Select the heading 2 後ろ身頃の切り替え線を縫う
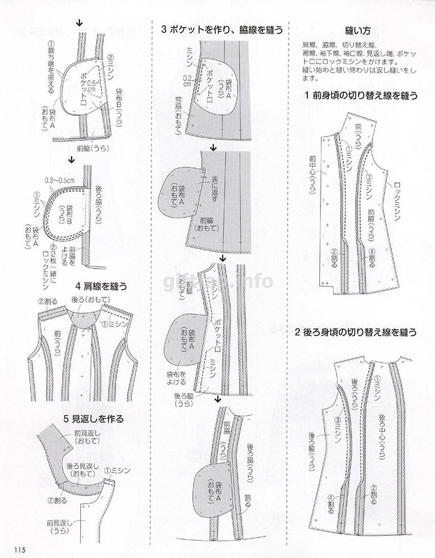(x=355, y=333)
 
